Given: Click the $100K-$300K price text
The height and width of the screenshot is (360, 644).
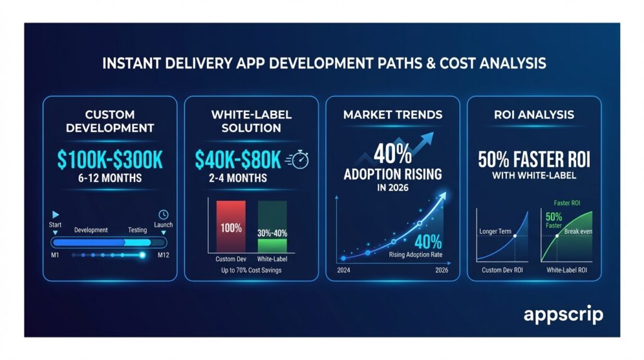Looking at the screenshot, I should pyautogui.click(x=109, y=160).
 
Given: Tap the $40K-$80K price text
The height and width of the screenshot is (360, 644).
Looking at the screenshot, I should pyautogui.click(x=238, y=160).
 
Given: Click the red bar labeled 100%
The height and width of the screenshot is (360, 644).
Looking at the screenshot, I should pyautogui.click(x=231, y=227).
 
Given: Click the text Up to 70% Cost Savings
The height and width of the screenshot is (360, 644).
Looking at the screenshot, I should pyautogui.click(x=251, y=271).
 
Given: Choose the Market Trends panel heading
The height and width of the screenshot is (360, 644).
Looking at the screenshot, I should pyautogui.click(x=393, y=115).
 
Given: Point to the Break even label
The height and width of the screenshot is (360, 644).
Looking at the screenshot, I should pyautogui.click(x=577, y=230).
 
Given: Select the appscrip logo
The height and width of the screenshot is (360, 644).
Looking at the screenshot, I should pyautogui.click(x=563, y=315).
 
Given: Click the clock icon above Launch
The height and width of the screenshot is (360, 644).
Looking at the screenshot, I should pyautogui.click(x=163, y=214).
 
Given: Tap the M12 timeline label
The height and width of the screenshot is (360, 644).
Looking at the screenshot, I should pyautogui.click(x=164, y=255).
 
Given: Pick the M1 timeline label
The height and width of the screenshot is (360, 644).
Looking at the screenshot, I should pyautogui.click(x=55, y=255).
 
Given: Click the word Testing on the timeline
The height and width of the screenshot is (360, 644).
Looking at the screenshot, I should pyautogui.click(x=138, y=230).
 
